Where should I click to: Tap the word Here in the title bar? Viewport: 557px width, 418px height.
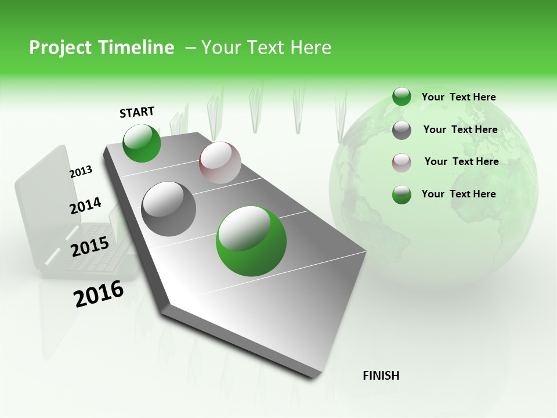310,48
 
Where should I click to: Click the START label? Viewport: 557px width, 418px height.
137,112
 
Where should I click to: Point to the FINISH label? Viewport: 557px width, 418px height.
381,376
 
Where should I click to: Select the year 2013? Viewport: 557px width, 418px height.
81,172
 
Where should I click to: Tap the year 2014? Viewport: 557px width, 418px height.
85,206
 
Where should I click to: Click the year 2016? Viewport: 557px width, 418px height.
99,293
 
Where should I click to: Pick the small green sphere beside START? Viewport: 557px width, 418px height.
142,143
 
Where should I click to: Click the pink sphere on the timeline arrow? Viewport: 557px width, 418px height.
220,163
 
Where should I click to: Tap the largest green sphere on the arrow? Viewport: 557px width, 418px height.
251,241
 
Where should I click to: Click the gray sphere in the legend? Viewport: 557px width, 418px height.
402,130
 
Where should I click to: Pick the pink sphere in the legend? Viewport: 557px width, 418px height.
402,163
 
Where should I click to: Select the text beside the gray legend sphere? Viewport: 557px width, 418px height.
460,129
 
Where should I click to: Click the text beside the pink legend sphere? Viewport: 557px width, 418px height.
461,161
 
